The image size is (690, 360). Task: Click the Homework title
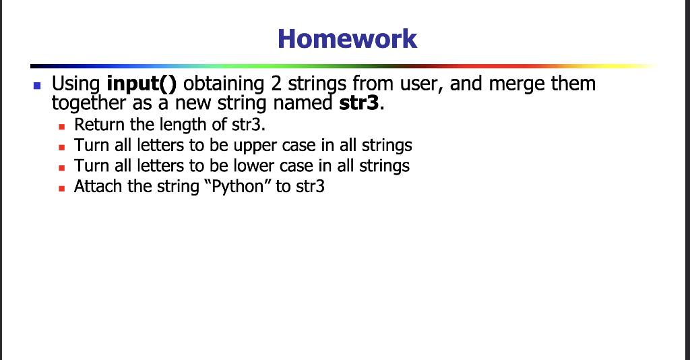[x=347, y=38]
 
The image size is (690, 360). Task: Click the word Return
[x=95, y=125]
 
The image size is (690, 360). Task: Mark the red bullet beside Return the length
[x=62, y=126]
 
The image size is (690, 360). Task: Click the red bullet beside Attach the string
[x=62, y=187]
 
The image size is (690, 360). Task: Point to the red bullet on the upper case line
[x=62, y=146]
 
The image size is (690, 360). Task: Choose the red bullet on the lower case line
[x=62, y=167]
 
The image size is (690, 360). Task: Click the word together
[x=89, y=104]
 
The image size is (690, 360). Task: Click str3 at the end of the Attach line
[x=310, y=186]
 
